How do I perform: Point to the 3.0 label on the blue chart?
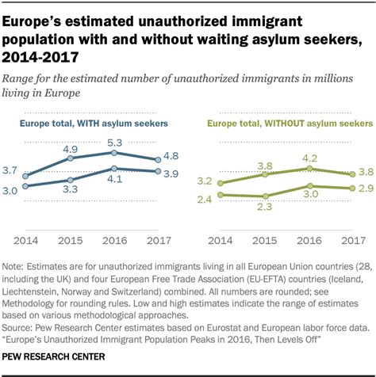click(x=12, y=191)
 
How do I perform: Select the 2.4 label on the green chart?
click(x=205, y=199)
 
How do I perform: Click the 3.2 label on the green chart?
click(x=205, y=181)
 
